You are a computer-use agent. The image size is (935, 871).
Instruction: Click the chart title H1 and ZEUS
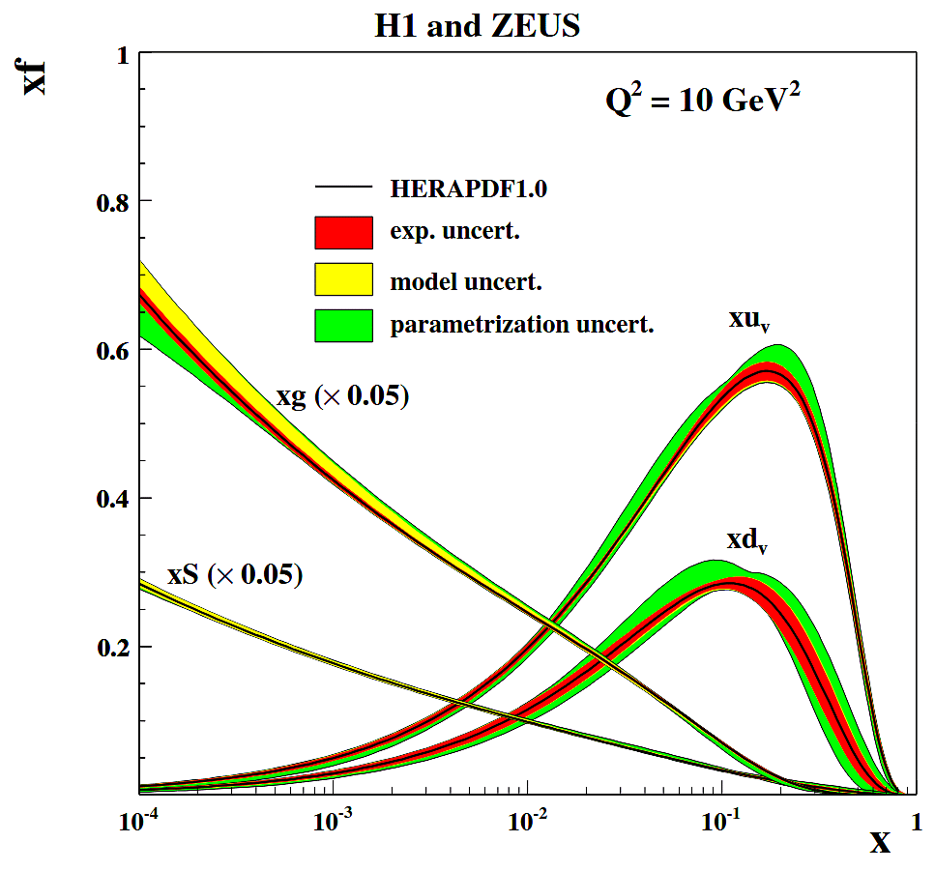point(477,26)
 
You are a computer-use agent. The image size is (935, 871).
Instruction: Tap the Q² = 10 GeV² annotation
point(703,101)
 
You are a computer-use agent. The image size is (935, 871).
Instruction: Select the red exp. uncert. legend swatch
point(343,232)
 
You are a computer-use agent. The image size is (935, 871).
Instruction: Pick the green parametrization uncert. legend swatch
point(343,325)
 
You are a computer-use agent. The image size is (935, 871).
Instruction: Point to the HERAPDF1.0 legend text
point(468,189)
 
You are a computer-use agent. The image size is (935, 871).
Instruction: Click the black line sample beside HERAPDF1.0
point(343,187)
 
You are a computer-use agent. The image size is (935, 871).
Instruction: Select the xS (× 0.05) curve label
point(235,575)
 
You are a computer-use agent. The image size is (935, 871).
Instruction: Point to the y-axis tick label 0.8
point(113,202)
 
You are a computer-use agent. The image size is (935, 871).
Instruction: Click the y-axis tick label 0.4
point(113,499)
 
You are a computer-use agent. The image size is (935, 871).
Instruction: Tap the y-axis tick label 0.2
point(113,648)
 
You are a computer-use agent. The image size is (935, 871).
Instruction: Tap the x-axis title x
point(879,842)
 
